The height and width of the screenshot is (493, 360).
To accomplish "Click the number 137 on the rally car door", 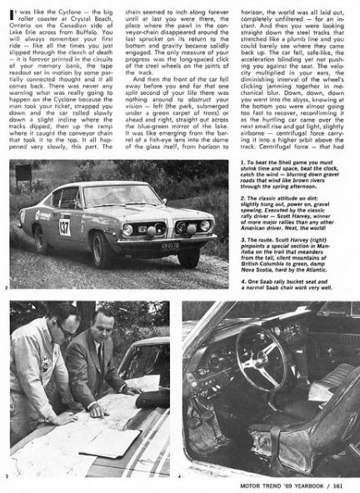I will pos(64,227).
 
